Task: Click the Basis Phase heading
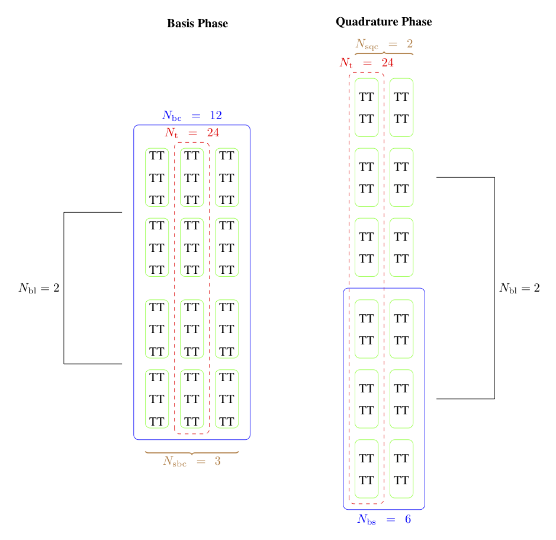tap(197, 24)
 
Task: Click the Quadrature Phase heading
tap(384, 22)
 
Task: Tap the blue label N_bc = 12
tap(192, 116)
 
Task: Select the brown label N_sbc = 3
tap(192, 462)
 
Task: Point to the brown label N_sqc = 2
tap(384, 44)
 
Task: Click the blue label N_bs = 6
tap(384, 519)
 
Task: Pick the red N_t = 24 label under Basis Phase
tap(192, 132)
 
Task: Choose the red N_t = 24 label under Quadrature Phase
tap(367, 63)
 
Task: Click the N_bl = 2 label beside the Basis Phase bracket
tap(39, 288)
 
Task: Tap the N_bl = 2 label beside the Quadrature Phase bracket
tap(519, 288)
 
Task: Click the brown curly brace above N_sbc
tap(192, 453)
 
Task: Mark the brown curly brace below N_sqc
tap(384, 53)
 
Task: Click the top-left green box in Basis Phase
tap(157, 177)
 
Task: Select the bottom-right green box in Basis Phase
tap(227, 399)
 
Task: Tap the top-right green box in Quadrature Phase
tap(401, 107)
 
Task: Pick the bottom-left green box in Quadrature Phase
tap(367, 468)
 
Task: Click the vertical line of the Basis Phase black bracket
tap(64, 288)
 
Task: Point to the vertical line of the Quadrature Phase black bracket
tap(494, 288)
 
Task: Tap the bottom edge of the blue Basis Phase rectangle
tap(192, 439)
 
